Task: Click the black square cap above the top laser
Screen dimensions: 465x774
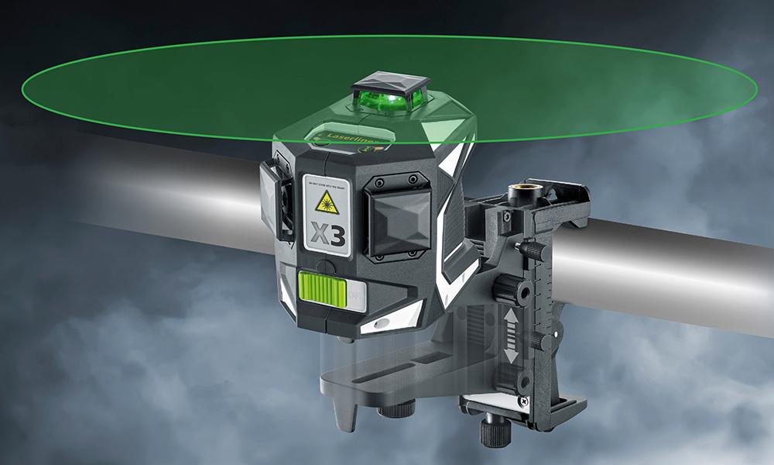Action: pyautogui.click(x=385, y=84)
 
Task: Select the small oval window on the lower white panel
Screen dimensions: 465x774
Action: pyautogui.click(x=382, y=321)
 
